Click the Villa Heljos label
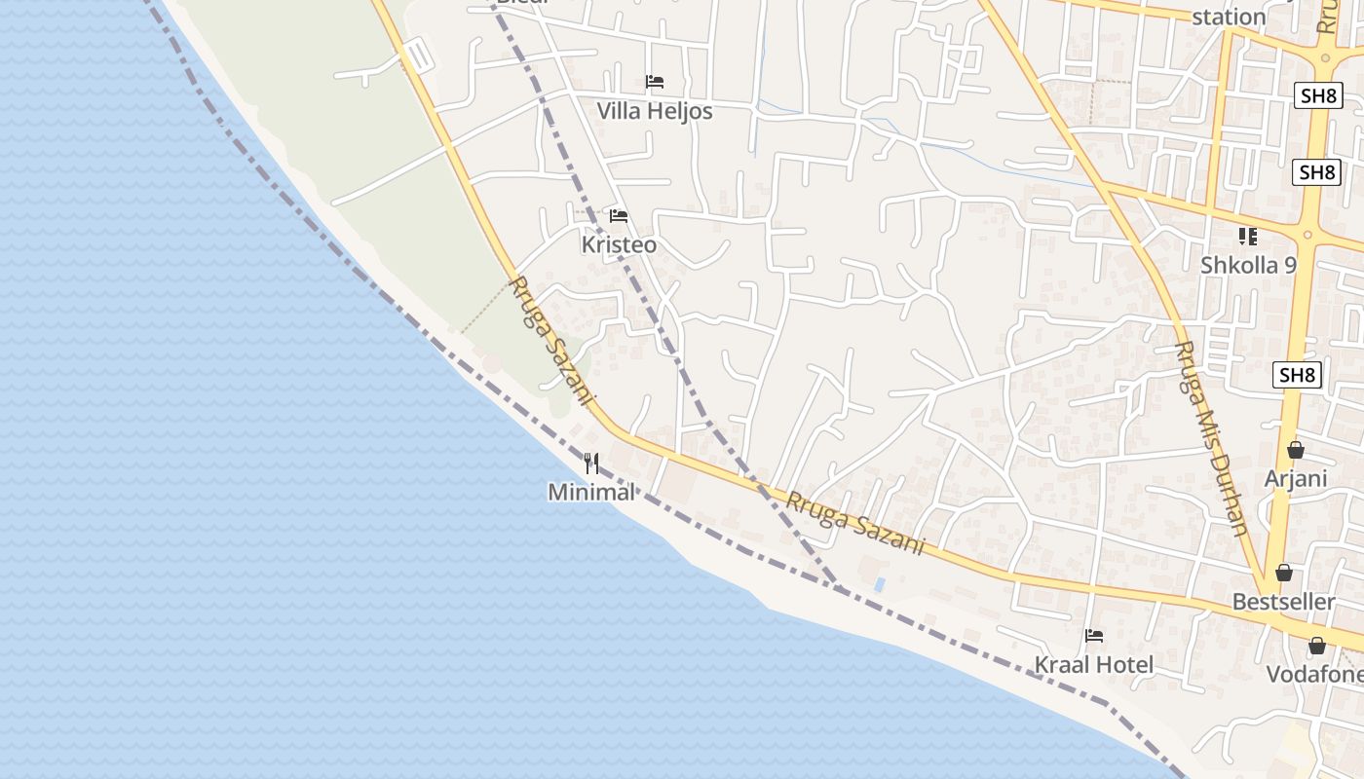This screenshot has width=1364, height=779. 654,111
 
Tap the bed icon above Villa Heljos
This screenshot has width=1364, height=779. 655,82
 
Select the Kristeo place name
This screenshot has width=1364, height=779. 619,245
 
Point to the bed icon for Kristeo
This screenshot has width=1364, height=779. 618,215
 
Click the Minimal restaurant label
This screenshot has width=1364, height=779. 591,493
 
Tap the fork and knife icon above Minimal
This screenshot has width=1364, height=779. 591,463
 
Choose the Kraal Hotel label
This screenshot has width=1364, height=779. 1093,665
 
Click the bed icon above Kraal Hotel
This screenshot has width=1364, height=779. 1094,636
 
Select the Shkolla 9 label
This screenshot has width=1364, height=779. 1248,265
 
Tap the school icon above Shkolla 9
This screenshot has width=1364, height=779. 1247,236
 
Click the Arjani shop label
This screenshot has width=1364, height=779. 1296,479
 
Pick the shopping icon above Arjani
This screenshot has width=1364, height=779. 1296,450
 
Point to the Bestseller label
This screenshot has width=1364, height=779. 1283,602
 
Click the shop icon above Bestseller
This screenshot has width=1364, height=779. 1284,573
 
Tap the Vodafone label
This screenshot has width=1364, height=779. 1314,675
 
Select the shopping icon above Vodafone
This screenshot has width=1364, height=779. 1317,646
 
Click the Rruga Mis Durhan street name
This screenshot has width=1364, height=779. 1211,438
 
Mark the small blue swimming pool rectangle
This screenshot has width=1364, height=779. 881,584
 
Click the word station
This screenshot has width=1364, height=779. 1229,17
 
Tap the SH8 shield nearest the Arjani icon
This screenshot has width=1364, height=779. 1297,376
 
